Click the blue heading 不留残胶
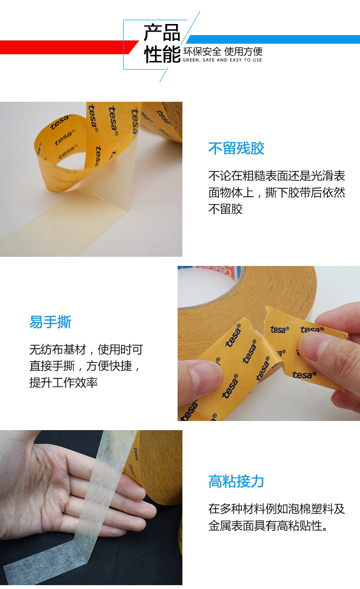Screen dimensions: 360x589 (x=236, y=148)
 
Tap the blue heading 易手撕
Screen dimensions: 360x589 (x=50, y=322)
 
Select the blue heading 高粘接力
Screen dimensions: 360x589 (x=236, y=481)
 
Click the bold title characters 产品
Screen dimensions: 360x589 (x=162, y=33)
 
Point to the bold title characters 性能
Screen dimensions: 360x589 (x=162, y=54)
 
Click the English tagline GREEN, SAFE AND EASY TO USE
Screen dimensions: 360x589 (x=222, y=60)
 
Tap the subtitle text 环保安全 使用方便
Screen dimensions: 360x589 (x=223, y=51)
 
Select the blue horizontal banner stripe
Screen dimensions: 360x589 (x=273, y=39)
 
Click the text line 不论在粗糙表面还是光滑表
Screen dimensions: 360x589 (x=276, y=176)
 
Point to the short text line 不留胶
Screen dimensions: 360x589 (x=226, y=209)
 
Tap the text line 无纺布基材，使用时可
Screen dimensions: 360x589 (x=86, y=349)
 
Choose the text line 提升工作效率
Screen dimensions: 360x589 (x=63, y=382)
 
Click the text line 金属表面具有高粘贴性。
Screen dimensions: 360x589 (x=268, y=526)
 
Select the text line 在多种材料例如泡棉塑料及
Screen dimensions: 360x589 (x=276, y=509)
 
